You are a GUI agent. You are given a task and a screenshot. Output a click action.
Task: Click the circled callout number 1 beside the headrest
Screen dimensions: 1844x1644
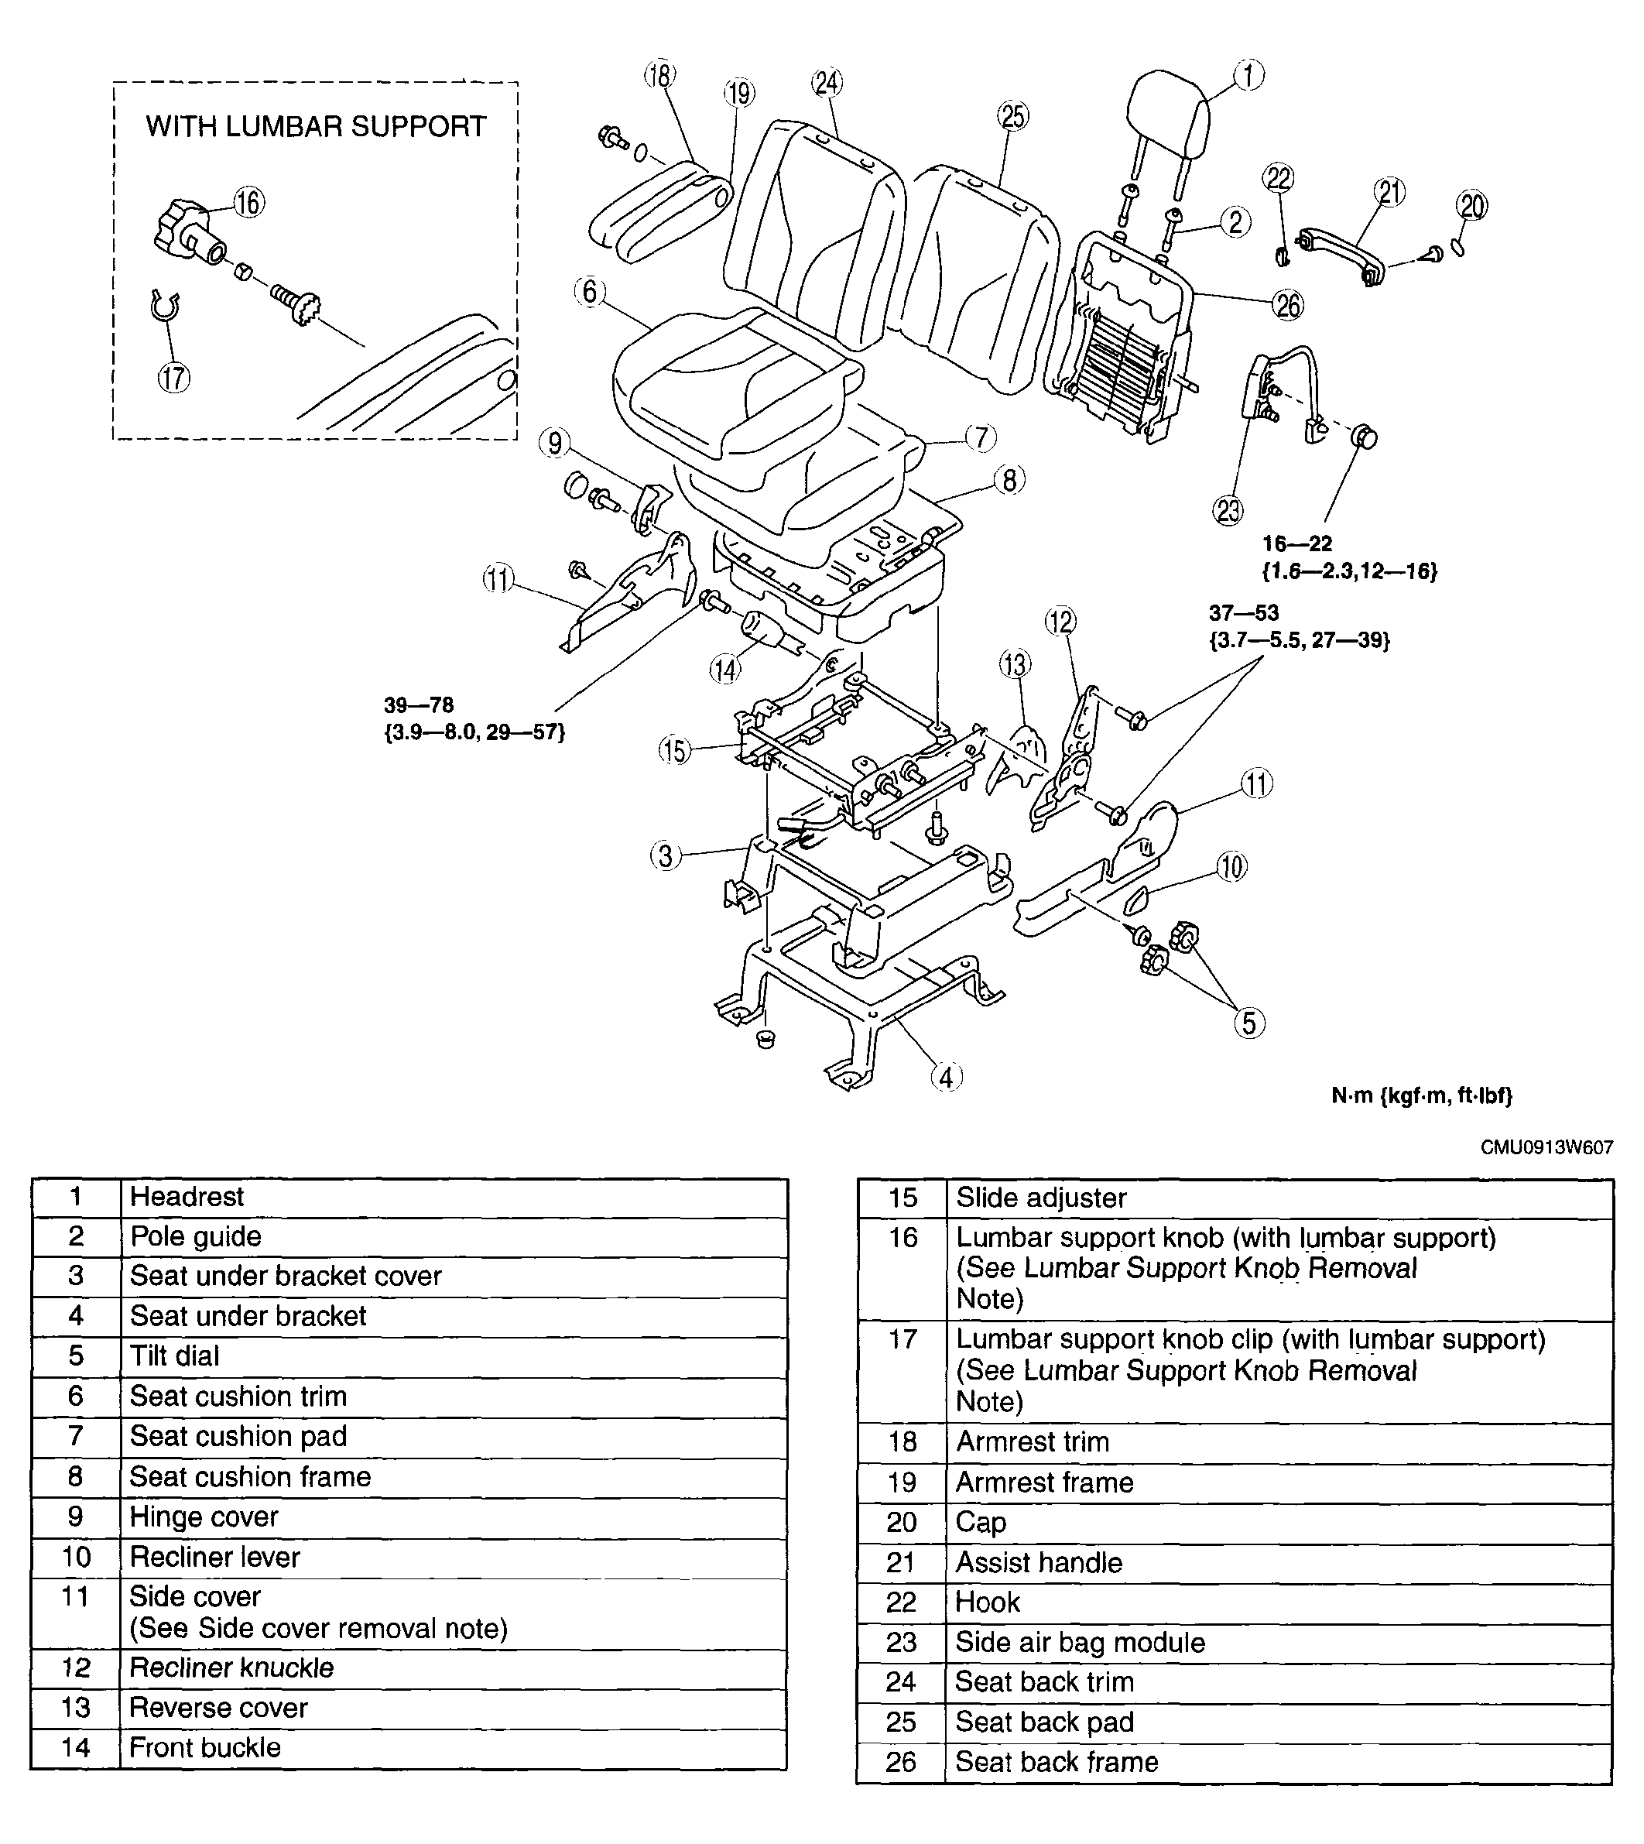tap(1248, 75)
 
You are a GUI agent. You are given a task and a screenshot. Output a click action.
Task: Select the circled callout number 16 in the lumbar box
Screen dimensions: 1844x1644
tap(248, 202)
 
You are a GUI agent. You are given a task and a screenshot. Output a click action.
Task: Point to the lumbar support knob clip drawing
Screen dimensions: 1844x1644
tap(164, 307)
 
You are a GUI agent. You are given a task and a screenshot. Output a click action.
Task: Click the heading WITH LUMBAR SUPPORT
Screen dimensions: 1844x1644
tap(316, 126)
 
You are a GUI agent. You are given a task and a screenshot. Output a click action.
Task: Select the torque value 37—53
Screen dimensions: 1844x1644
tap(1244, 612)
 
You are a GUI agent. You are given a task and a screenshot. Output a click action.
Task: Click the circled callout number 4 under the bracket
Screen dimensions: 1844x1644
tap(946, 1077)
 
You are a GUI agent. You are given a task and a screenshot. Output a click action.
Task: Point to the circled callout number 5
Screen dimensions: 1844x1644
tap(1249, 1023)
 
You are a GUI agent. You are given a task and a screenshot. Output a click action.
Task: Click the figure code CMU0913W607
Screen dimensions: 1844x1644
tap(1546, 1148)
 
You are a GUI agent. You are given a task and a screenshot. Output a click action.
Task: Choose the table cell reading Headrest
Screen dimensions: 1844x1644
tap(187, 1197)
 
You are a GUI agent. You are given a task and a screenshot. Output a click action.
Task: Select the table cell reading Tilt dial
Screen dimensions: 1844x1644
tap(175, 1356)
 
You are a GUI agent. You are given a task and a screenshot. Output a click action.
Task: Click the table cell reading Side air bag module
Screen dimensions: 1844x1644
tap(1081, 1643)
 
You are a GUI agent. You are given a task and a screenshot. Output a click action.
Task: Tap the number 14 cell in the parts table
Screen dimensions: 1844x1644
tap(76, 1747)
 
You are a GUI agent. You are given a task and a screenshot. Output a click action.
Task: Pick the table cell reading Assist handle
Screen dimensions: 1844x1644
tap(1039, 1562)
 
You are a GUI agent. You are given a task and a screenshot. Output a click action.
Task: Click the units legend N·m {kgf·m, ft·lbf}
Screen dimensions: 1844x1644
tap(1422, 1095)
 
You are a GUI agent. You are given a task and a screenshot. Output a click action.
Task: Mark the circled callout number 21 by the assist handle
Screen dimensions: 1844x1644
tap(1390, 193)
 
